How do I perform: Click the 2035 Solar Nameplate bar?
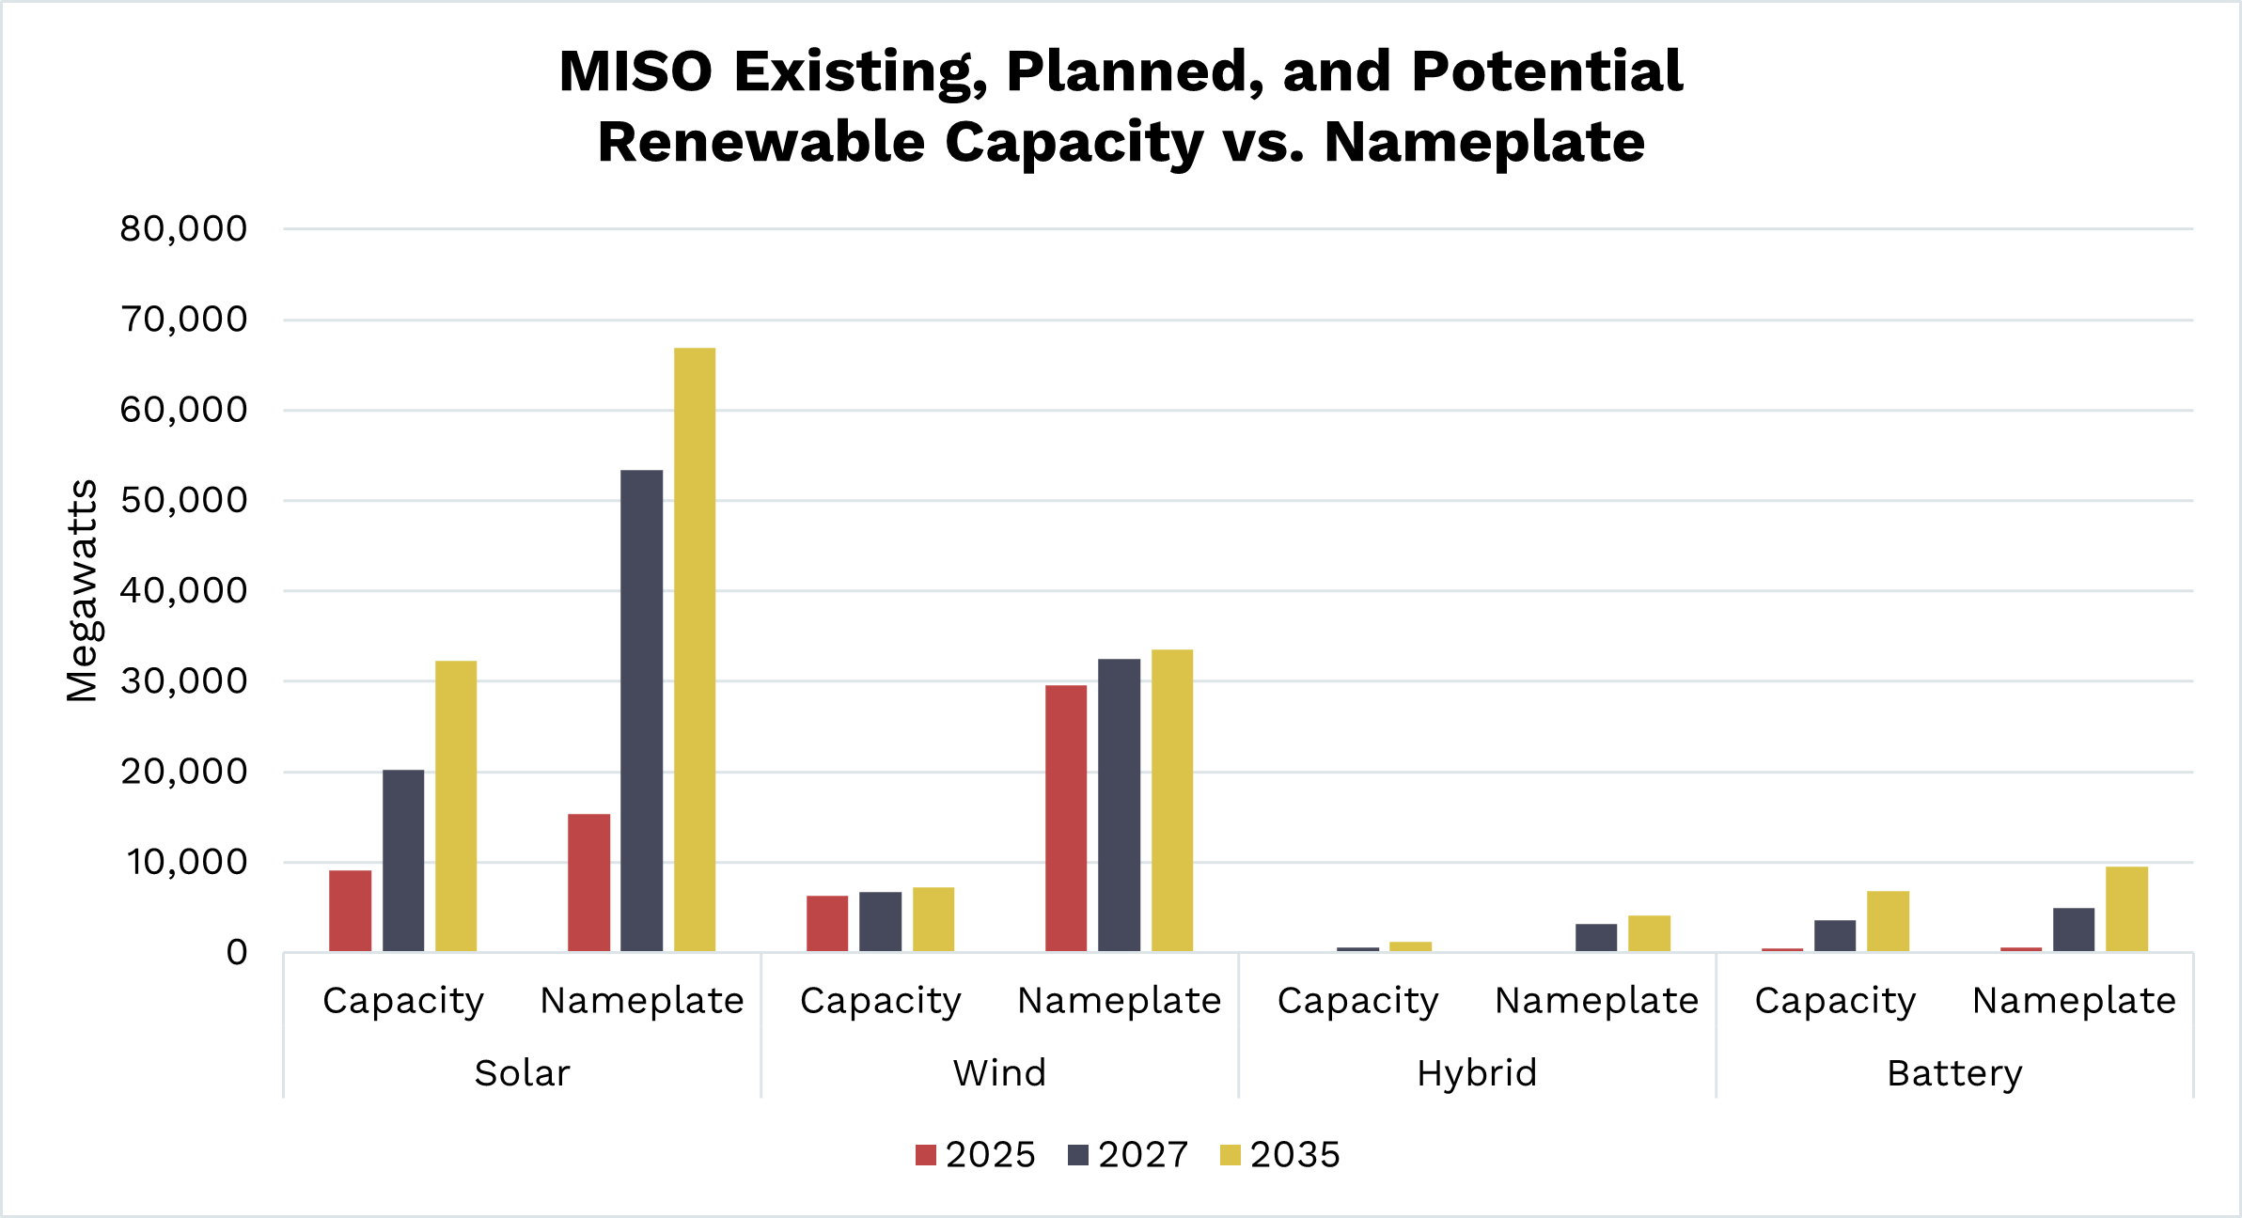[x=695, y=648]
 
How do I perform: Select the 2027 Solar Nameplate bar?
[x=641, y=710]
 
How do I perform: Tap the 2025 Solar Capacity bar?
[x=350, y=911]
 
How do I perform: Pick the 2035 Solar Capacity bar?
[x=456, y=805]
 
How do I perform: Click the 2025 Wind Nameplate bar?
[x=1066, y=818]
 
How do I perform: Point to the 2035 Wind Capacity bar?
[x=933, y=919]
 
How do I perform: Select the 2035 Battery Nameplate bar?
[x=2126, y=909]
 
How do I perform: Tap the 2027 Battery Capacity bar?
[x=1835, y=935]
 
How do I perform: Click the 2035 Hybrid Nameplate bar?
[x=1649, y=933]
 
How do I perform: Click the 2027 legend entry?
[x=1128, y=1154]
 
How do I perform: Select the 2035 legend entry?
[x=1280, y=1154]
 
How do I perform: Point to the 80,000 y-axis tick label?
[x=183, y=228]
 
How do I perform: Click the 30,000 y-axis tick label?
[x=183, y=681]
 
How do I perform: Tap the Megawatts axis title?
[x=83, y=590]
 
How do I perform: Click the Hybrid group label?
[x=1477, y=1073]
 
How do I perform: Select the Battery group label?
[x=1954, y=1073]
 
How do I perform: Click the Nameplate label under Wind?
[x=1119, y=1001]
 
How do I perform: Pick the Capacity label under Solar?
[x=403, y=1001]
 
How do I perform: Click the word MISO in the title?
[x=635, y=71]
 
